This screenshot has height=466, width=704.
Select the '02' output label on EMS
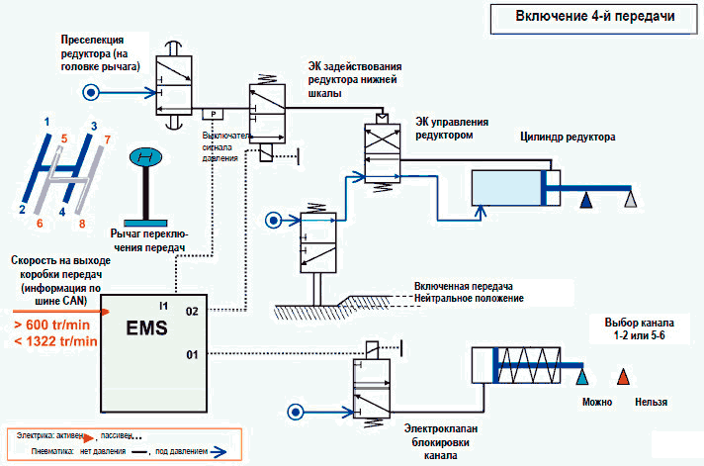click(x=192, y=310)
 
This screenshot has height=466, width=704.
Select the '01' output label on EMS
click(x=192, y=353)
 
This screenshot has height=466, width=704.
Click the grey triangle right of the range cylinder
click(x=630, y=201)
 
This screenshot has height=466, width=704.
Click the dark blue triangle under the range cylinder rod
click(x=585, y=201)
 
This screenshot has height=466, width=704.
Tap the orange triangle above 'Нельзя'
click(x=623, y=378)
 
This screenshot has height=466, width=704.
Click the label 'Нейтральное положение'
click(x=469, y=299)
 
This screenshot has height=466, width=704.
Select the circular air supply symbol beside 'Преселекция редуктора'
click(x=90, y=94)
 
